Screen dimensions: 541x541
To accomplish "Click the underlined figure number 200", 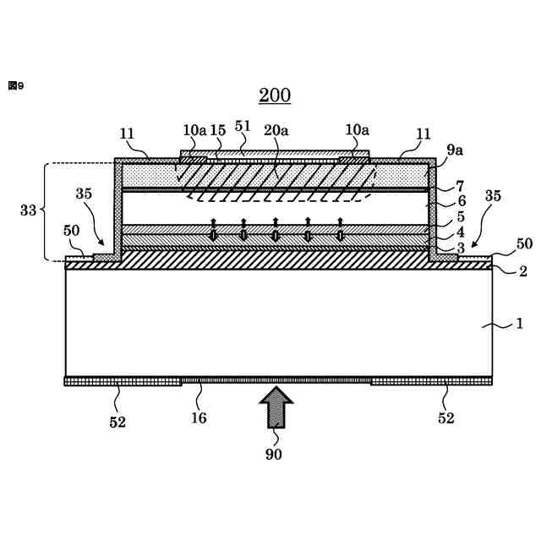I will click(x=274, y=95).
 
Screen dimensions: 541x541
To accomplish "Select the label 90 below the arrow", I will click(x=273, y=455).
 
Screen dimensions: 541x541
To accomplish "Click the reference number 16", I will click(x=198, y=418).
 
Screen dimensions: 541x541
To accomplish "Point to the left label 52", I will click(x=117, y=422).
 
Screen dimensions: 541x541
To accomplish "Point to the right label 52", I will click(x=445, y=418).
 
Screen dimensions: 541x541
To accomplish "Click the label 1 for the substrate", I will click(x=519, y=324).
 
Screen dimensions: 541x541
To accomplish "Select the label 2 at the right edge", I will click(x=522, y=271).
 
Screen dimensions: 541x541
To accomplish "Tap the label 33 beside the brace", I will click(x=28, y=210).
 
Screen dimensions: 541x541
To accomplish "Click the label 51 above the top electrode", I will click(x=243, y=126).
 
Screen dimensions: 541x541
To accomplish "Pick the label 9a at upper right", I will click(x=455, y=150).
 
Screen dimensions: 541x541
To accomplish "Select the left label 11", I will click(x=128, y=134).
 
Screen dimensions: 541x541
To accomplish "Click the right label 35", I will click(x=493, y=196).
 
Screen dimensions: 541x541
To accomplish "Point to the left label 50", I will click(x=72, y=232).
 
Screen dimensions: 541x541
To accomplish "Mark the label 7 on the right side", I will click(x=460, y=185).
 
